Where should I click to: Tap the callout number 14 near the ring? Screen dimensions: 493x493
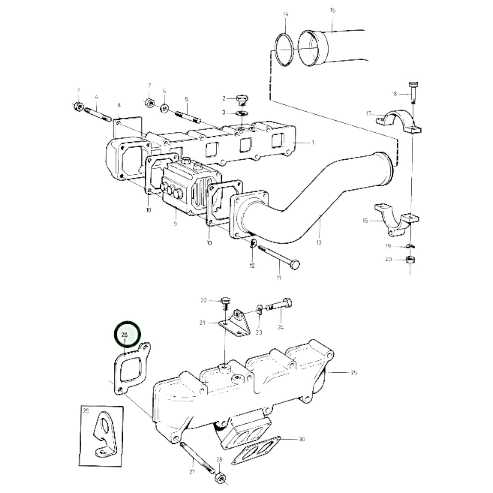pos(286,14)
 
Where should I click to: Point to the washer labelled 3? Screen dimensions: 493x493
pos(242,113)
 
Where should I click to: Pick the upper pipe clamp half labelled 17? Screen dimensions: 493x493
pos(398,121)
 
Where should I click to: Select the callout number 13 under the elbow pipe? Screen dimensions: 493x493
pos(319,243)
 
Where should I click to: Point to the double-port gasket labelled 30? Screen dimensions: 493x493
pos(256,450)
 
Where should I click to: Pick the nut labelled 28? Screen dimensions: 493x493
pos(220,478)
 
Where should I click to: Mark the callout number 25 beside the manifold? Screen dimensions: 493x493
pos(354,372)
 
